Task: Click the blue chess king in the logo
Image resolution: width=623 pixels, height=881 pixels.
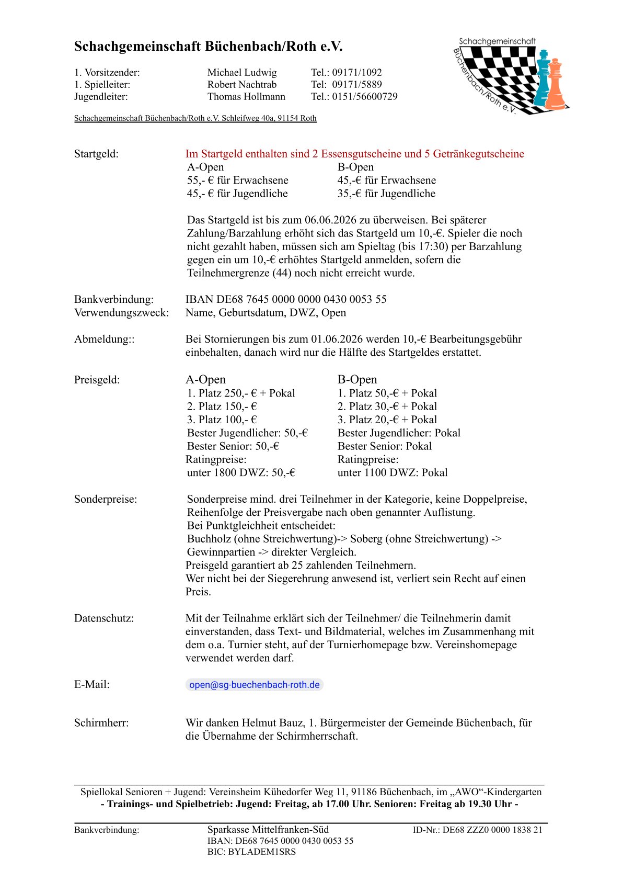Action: coord(543,78)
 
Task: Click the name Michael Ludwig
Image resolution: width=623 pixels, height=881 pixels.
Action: coord(241,73)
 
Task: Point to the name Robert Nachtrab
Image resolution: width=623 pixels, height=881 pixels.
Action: coord(241,85)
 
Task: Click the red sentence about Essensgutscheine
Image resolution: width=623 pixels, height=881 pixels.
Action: coord(354,154)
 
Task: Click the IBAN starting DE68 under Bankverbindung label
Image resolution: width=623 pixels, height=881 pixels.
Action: coord(286,300)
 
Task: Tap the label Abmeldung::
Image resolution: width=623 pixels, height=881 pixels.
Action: coord(104,340)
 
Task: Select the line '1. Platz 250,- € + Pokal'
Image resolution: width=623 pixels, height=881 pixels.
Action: coord(241,393)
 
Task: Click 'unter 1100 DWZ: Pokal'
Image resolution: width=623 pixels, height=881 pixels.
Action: coord(393,473)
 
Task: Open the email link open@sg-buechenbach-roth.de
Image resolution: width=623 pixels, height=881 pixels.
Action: coord(254,685)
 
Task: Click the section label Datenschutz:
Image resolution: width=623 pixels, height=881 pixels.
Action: coord(103,618)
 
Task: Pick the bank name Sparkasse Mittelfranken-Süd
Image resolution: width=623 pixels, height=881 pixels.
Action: coord(268,830)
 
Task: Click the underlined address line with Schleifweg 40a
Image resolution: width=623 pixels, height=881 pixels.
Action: coord(195,118)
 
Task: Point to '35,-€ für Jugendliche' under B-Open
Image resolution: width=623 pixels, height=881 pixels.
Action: coord(386,194)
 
